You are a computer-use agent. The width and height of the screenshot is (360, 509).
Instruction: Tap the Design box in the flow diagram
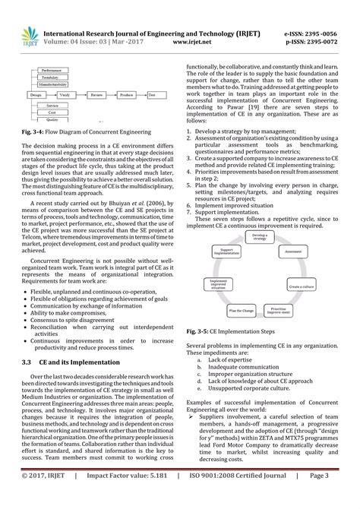36,94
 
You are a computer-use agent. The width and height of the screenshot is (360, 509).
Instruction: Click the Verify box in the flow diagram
66,94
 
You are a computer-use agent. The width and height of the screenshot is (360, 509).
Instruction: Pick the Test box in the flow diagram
152,94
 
